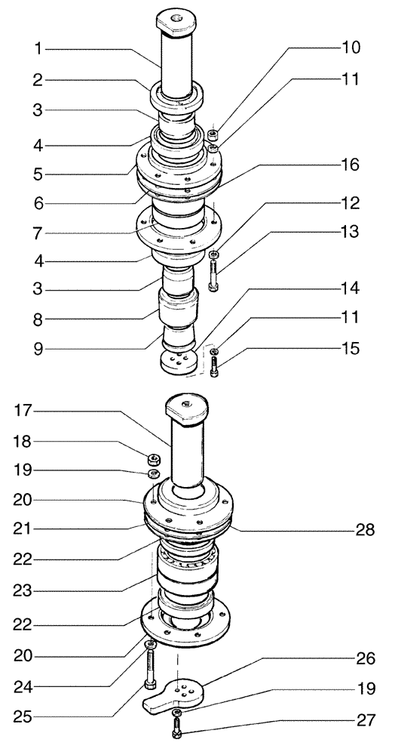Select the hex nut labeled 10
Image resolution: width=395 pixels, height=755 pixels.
(x=213, y=135)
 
